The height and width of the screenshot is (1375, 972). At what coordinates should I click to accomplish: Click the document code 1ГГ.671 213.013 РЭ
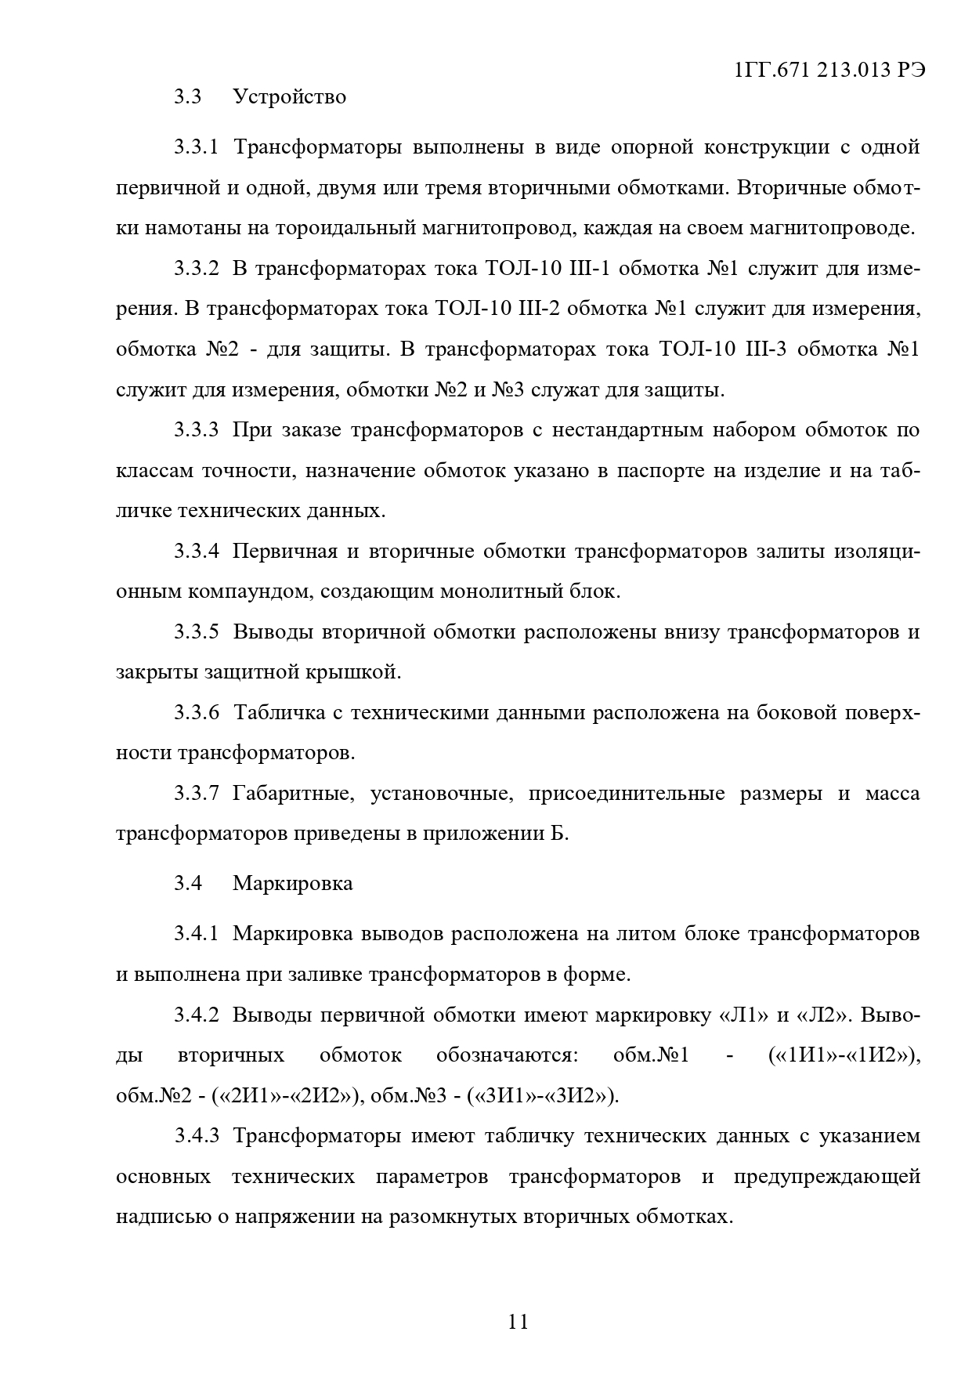tap(830, 70)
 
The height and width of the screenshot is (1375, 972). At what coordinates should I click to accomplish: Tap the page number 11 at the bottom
tap(519, 1322)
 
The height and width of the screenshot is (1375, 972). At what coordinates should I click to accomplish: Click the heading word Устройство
tap(289, 97)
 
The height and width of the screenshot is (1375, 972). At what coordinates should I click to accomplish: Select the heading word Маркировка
tap(292, 884)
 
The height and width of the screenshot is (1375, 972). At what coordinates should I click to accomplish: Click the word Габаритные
tap(290, 794)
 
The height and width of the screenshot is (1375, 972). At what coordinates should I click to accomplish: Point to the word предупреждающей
tap(827, 1178)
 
